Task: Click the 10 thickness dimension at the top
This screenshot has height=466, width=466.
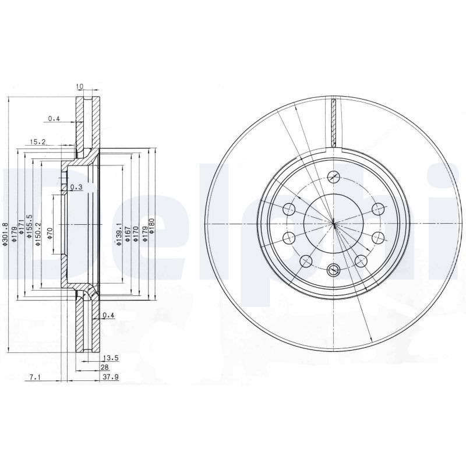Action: [x=80, y=87]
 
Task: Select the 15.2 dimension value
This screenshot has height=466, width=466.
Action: [x=38, y=141]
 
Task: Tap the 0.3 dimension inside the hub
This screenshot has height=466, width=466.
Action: [x=76, y=187]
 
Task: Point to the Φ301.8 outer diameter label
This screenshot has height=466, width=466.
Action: [x=5, y=234]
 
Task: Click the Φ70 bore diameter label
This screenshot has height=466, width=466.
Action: [x=50, y=232]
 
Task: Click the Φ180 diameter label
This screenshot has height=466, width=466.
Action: [x=151, y=225]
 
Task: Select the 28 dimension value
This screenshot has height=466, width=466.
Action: [x=105, y=368]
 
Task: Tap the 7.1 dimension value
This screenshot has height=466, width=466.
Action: [x=34, y=377]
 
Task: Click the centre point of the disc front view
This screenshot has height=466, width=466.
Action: [x=333, y=224]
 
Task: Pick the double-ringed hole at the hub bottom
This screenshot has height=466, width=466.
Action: [x=333, y=269]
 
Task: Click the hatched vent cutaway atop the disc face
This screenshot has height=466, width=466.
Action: [x=333, y=123]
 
